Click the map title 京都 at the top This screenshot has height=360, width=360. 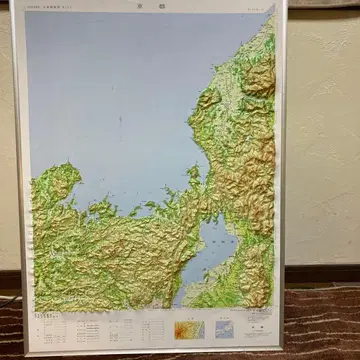(x=150, y=6)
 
